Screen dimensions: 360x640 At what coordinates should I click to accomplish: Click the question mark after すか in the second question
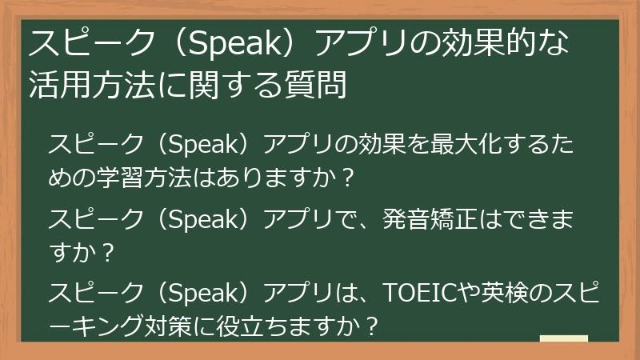(109, 250)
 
